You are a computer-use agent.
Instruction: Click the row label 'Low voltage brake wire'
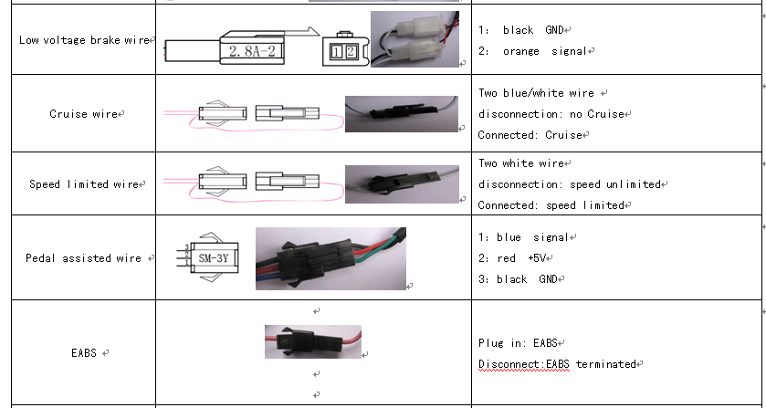point(84,40)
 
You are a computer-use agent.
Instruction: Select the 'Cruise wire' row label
point(83,114)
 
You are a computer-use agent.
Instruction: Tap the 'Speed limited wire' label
point(84,184)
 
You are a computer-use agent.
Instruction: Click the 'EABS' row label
point(84,353)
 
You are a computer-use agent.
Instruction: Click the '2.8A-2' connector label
point(252,50)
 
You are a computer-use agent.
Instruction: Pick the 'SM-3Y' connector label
point(214,257)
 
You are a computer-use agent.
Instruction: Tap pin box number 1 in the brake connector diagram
point(338,52)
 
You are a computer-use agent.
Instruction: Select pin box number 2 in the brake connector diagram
point(351,52)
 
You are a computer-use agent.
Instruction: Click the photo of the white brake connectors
point(414,39)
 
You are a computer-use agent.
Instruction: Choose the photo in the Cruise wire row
point(402,114)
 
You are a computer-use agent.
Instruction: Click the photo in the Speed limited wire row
point(402,184)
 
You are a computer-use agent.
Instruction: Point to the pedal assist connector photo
point(331,258)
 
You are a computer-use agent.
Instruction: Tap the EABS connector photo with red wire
point(313,341)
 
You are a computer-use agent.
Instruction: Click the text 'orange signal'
point(545,51)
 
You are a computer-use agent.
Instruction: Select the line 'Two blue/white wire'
point(536,93)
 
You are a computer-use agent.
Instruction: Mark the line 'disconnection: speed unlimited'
point(569,184)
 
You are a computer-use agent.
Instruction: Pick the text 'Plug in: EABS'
point(518,343)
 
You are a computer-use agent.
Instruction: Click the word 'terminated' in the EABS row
point(605,364)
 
